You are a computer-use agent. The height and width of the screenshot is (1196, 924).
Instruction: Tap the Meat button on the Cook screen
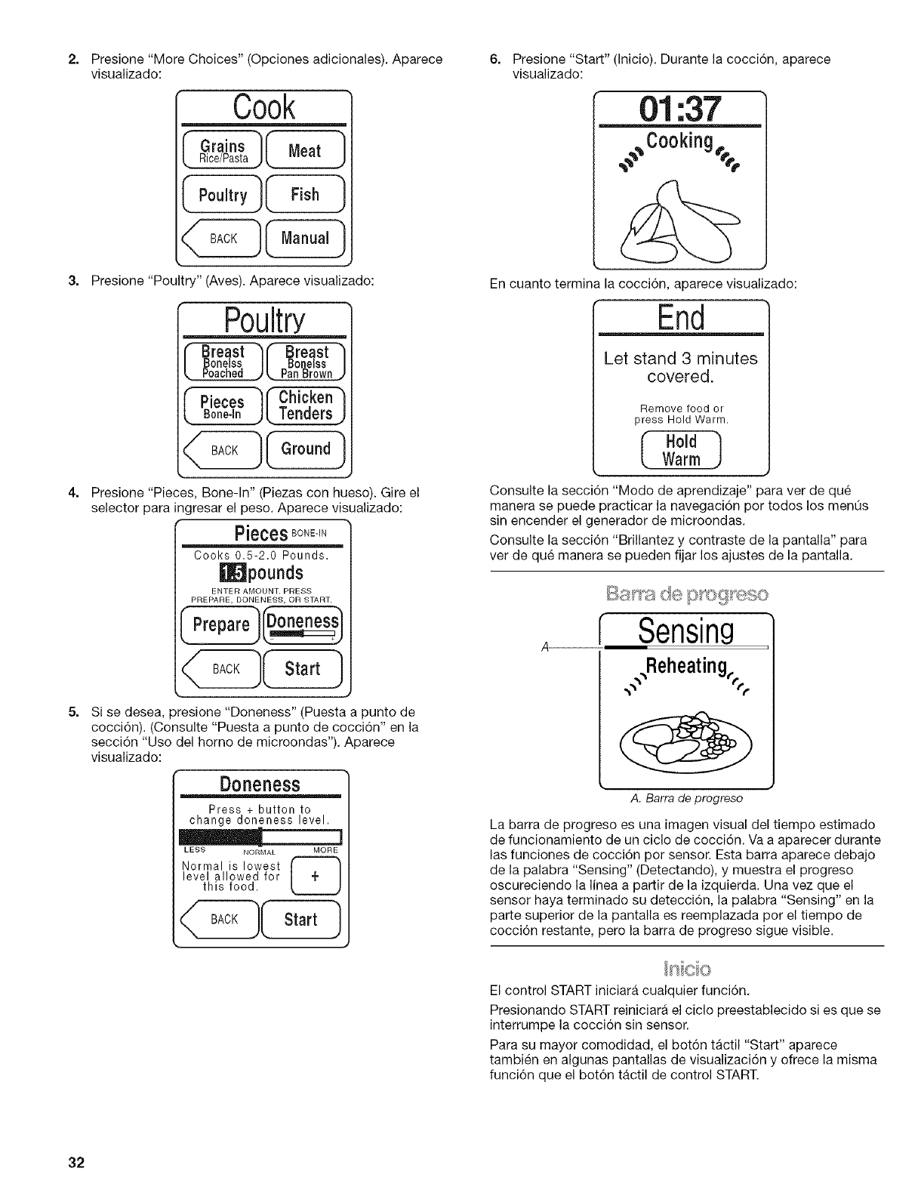[305, 151]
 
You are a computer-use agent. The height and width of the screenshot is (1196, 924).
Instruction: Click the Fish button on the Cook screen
[305, 195]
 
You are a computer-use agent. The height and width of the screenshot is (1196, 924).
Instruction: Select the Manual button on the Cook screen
[305, 239]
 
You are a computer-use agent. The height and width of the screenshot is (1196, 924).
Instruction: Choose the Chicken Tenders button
[305, 405]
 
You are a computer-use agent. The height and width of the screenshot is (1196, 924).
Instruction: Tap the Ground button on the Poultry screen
[305, 449]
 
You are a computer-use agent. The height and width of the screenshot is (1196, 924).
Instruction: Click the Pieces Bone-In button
[223, 405]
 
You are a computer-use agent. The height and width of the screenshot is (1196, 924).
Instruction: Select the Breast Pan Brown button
[305, 362]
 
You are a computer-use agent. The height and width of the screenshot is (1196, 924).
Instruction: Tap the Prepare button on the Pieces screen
[220, 624]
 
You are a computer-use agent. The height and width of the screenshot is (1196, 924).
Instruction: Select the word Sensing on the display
[685, 630]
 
